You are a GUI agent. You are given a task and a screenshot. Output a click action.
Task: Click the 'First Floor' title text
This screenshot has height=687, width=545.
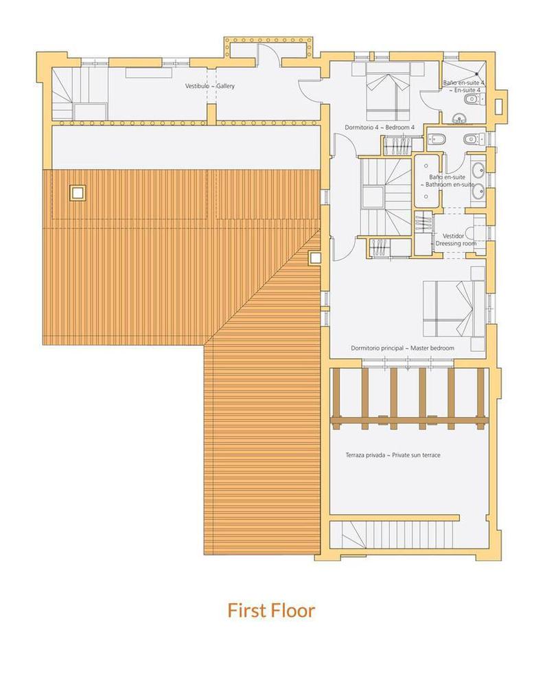click(272, 610)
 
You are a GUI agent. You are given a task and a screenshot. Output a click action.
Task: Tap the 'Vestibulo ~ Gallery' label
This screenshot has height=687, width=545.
click(210, 86)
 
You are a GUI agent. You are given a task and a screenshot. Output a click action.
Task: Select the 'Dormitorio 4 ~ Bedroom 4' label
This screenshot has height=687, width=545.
click(379, 128)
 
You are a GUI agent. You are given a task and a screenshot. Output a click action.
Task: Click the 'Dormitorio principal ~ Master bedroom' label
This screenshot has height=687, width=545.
click(402, 348)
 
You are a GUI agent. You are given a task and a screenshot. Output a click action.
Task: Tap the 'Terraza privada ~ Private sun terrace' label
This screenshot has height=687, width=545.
click(393, 455)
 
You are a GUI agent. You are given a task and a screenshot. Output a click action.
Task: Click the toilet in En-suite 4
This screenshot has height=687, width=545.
click(469, 101)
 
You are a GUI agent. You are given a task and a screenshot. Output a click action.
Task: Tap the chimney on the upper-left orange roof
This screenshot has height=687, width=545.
click(78, 192)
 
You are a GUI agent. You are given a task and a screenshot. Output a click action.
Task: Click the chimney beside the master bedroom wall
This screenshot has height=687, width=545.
click(315, 258)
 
